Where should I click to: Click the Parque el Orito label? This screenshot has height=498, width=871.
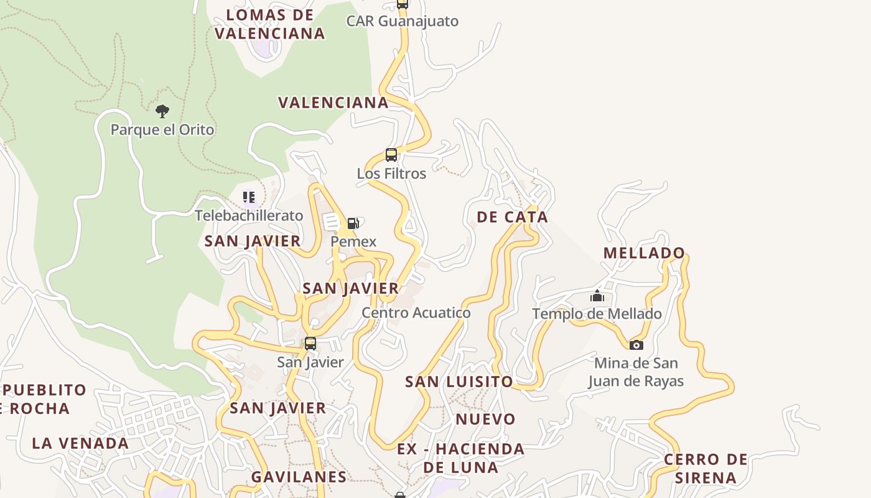162,130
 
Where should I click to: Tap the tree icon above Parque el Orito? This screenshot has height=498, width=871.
162,111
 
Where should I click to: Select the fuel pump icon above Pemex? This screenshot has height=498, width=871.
353,223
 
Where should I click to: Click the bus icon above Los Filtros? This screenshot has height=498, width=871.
391,155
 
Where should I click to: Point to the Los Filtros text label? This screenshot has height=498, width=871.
391,174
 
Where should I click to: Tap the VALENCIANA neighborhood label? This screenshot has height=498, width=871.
333,103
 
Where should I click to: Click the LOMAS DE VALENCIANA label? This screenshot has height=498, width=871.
270,24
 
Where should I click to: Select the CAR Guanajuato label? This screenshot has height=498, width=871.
403,21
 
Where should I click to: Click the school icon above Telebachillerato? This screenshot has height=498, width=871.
249,197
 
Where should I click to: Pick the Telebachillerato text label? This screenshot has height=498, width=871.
249,216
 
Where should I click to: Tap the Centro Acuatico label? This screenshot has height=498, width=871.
416,312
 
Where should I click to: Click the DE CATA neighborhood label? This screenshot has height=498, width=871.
513,217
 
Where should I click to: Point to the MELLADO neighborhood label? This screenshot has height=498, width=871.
645,253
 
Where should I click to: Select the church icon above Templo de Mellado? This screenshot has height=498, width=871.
597,296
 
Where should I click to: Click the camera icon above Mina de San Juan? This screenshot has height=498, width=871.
636,345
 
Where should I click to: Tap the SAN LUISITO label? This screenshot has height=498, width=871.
459,382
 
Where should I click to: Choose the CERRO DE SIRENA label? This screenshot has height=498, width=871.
706,469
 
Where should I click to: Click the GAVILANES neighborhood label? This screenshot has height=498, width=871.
299,477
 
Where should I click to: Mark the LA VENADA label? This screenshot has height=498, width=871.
80,444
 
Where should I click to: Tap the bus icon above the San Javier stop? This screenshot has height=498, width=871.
310,343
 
